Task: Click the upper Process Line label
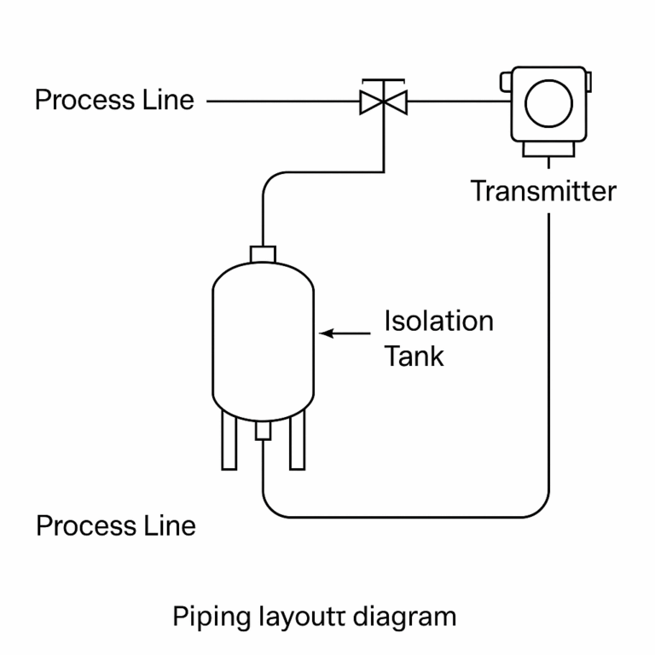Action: [114, 100]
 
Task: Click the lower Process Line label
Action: [115, 525]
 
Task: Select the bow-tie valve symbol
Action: [383, 103]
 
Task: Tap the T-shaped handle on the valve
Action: [383, 83]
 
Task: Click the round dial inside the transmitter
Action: [548, 103]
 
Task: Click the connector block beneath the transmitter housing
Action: [548, 150]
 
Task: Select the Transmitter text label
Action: [544, 190]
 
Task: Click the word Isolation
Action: [438, 322]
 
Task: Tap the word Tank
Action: [414, 356]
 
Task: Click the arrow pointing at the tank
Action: [345, 333]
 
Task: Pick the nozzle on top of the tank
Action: [263, 254]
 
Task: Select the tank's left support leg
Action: [229, 440]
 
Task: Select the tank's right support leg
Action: [297, 440]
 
